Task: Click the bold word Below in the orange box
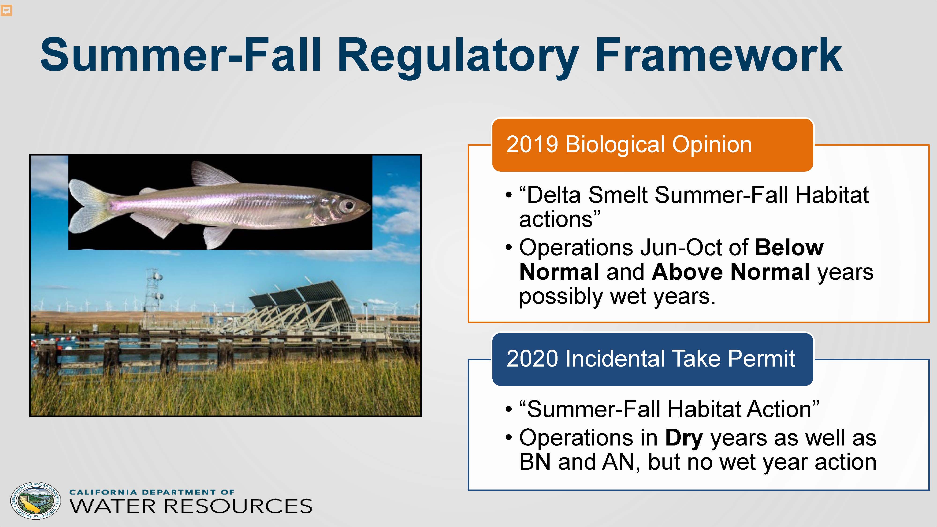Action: coord(789,248)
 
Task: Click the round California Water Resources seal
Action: coord(36,501)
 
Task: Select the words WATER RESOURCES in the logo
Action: coord(191,506)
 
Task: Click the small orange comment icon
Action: coord(7,11)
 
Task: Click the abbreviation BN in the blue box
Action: coord(535,462)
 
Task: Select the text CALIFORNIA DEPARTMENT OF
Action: coord(152,492)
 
